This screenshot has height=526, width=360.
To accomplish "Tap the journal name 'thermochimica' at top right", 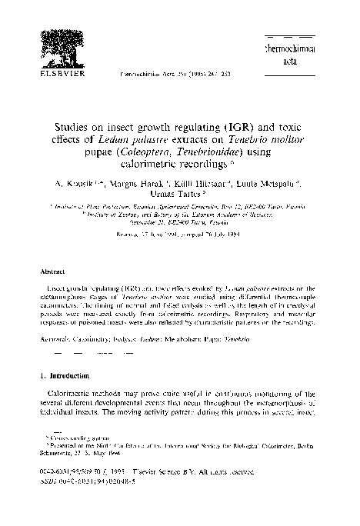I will (x=310, y=48).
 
